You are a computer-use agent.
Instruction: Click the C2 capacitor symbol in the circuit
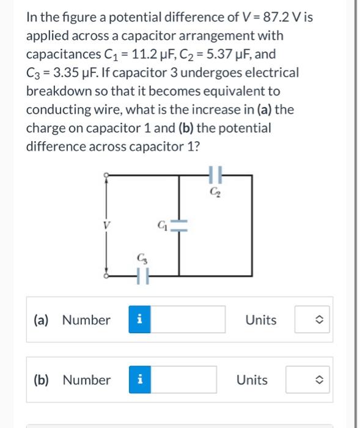tap(213, 175)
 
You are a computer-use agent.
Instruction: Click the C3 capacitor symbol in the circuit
tap(142, 276)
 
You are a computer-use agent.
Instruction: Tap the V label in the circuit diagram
tap(112, 224)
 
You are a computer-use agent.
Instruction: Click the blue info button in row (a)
tap(139, 320)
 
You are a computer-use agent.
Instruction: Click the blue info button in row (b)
tap(139, 380)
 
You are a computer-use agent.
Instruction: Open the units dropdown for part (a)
tap(312, 320)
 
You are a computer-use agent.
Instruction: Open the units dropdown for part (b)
tap(312, 380)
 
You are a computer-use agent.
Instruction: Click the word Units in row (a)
tap(261, 320)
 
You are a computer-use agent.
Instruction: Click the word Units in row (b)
tap(252, 380)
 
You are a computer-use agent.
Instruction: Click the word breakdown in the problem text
tap(56, 92)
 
